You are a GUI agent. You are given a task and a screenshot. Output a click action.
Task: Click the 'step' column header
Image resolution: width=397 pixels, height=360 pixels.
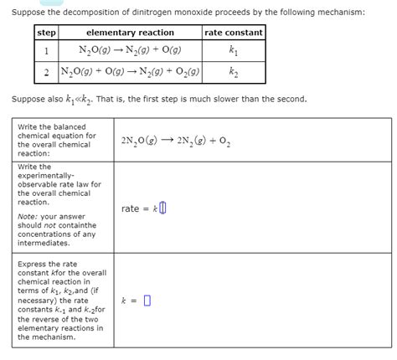point(45,33)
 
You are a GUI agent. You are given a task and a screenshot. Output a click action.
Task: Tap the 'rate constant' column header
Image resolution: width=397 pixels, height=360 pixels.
point(234,33)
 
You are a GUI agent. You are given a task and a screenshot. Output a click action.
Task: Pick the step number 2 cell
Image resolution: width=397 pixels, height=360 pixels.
point(45,72)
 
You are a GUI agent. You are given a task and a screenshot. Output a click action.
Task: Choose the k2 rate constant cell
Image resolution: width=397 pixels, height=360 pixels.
point(234,72)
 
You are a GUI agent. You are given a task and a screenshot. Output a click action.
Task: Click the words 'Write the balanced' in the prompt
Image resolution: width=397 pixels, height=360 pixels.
point(53,127)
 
